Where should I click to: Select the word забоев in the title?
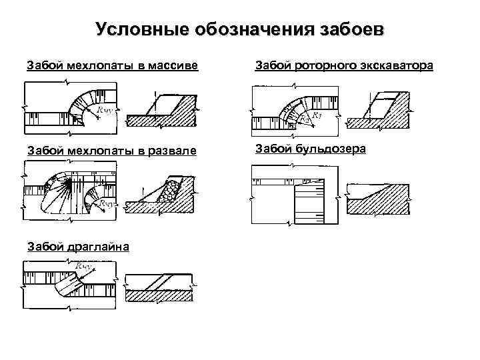353,30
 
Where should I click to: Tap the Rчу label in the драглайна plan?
85,267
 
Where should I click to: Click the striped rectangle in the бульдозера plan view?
308,203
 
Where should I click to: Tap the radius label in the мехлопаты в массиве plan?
104,111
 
